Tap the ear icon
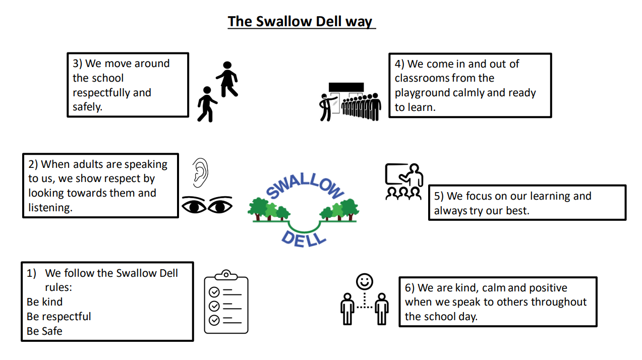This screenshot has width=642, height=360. (200, 172)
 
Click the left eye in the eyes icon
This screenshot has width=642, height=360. (194, 205)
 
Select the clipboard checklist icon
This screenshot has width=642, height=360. (226, 302)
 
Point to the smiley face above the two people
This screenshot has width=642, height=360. (364, 281)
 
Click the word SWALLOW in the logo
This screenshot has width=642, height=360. (305, 186)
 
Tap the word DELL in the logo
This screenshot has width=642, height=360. (304, 238)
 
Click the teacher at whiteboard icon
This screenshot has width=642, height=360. (404, 182)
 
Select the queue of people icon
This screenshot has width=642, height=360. (350, 102)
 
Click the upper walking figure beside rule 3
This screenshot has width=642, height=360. (227, 79)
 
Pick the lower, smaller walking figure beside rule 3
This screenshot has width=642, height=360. (207, 104)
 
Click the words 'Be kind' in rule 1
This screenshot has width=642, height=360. (45, 302)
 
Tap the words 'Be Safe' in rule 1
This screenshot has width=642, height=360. (44, 331)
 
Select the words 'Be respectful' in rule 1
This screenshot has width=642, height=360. (59, 317)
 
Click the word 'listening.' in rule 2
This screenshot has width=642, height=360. (50, 208)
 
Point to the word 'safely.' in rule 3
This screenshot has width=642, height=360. (87, 107)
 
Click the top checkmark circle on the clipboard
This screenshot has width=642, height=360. (214, 292)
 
